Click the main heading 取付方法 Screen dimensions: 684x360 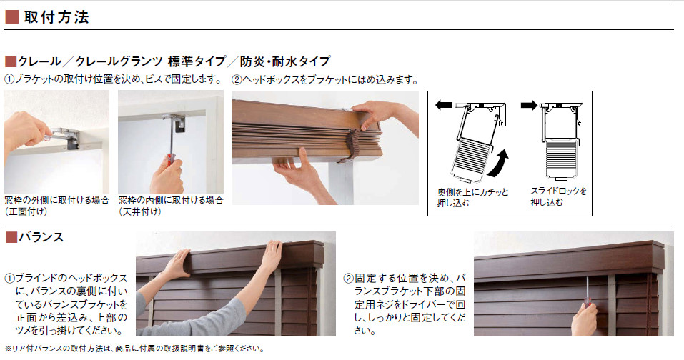point(56,17)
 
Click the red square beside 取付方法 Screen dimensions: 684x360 point(11,17)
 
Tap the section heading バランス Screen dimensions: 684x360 point(41,237)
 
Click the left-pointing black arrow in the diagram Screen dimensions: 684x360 point(444,105)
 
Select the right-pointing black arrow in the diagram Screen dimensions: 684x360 point(529,105)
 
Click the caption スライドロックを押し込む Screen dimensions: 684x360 point(558,196)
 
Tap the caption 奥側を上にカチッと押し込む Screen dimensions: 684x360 point(473,197)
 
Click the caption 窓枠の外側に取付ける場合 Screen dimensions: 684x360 point(56,200)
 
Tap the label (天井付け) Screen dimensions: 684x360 point(140,211)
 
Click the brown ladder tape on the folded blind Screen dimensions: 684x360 point(350,146)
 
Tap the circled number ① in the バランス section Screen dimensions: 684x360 point(9,279)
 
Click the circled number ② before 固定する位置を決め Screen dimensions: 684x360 point(348,279)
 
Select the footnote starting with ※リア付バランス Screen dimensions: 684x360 point(134,349)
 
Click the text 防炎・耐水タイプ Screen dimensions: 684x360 point(285,61)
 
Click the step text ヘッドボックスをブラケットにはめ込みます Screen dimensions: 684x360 point(330,80)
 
